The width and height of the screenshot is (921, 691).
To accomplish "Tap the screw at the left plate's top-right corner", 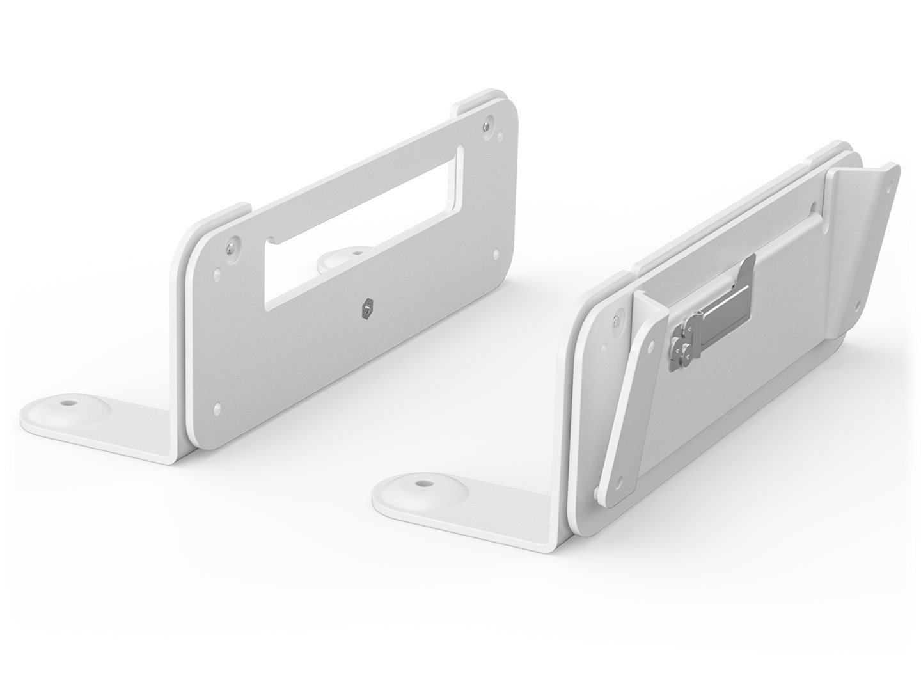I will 489,122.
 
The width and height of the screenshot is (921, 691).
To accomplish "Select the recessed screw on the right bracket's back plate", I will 615,320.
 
